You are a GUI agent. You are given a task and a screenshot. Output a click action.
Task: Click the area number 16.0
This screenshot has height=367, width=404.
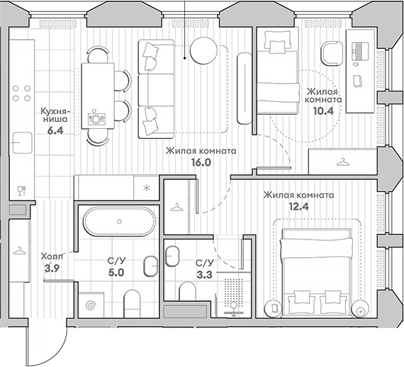tap(201, 162)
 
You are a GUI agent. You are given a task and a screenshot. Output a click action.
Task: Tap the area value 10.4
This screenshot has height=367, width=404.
tap(323, 111)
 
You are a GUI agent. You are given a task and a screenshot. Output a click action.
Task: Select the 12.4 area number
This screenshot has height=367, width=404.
tap(298, 207)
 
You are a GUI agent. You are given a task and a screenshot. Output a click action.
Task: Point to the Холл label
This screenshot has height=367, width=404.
tap(52, 256)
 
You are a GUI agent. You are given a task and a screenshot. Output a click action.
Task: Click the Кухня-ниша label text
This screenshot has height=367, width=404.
tap(55, 115)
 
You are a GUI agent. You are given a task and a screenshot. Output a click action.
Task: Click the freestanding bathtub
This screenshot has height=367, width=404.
tap(119, 222)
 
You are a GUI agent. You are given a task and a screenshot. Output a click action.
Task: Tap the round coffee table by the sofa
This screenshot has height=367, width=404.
tap(203, 50)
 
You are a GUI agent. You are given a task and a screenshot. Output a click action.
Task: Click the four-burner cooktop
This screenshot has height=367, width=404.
tap(22, 94)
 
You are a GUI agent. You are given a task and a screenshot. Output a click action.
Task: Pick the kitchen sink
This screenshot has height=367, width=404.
tap(22, 142)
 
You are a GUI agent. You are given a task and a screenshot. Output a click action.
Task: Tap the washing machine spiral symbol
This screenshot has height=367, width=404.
tap(91, 305)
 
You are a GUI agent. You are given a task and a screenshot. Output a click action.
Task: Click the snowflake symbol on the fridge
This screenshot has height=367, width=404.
tap(147, 188)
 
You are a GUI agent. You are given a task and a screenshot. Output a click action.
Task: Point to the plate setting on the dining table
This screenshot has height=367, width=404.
tap(96, 118)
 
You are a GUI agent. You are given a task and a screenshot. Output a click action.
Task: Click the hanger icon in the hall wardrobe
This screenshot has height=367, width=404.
tap(19, 251)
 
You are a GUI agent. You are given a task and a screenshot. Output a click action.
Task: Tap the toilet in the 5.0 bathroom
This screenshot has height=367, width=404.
tap(132, 304)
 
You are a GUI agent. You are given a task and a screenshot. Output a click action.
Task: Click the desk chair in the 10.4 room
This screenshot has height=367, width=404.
tap(332, 53)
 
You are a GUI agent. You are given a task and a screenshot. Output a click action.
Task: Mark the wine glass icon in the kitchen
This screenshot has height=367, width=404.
tap(21, 191)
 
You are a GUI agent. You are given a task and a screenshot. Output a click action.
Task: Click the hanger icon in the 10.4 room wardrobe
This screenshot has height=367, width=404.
tap(342, 162)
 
